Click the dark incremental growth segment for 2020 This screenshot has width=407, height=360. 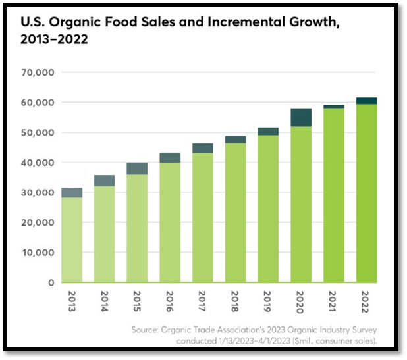(301, 117)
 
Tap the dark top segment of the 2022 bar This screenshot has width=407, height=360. (367, 101)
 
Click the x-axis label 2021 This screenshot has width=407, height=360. (334, 301)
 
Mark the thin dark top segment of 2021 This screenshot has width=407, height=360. (334, 106)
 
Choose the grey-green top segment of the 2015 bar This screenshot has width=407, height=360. (137, 168)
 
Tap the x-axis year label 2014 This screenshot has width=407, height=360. (105, 301)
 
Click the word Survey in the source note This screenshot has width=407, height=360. (377, 330)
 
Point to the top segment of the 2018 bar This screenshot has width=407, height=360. (236, 140)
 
